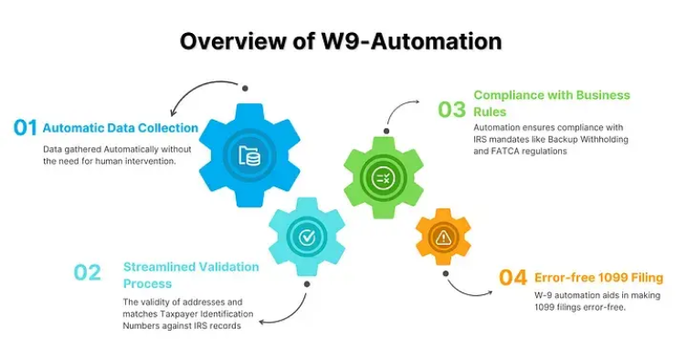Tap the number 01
pos(25,127)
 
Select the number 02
pos(88,272)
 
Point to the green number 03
pos(451,110)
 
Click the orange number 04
pos(513,278)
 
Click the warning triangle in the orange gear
pos(444,238)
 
